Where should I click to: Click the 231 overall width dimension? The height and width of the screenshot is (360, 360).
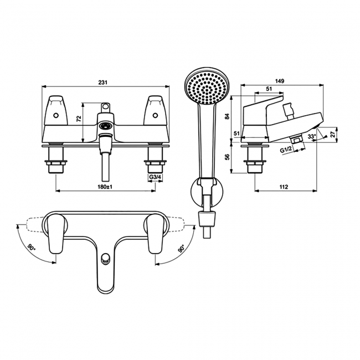click(x=103, y=83)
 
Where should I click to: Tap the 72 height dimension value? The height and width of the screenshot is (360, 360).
click(x=79, y=119)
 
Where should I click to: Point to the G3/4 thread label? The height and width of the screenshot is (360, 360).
click(x=155, y=177)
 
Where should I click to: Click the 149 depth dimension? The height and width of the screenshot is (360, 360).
click(x=280, y=81)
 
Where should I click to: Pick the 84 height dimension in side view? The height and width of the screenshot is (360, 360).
click(x=227, y=116)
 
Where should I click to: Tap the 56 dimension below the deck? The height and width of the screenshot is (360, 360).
click(x=227, y=157)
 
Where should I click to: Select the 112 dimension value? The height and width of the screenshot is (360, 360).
click(x=284, y=187)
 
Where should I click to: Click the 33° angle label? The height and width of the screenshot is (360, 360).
click(x=312, y=136)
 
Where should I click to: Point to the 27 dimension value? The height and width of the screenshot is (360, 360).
click(x=333, y=135)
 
